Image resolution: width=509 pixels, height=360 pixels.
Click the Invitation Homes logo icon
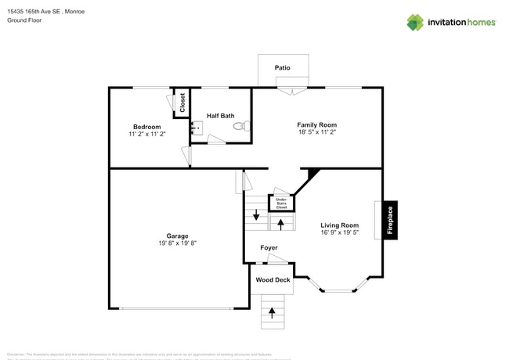click(414, 22)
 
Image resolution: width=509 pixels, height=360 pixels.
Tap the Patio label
click(283, 68)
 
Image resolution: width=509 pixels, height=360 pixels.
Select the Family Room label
click(316, 125)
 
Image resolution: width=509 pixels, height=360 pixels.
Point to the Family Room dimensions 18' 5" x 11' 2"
click(316, 134)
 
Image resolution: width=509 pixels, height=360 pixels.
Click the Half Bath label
click(220, 116)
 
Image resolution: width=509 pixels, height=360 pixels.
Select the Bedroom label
click(146, 127)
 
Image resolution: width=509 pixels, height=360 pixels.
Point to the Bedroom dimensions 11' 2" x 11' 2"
click(146, 135)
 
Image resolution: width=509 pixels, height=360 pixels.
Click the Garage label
click(177, 236)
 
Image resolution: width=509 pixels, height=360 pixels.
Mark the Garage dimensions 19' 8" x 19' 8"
click(177, 243)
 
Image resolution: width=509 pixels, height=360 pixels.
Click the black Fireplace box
click(391, 220)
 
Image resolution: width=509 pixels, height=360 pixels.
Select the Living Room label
click(339, 225)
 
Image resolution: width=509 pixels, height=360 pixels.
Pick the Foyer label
click(269, 248)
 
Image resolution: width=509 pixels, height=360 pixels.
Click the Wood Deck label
click(273, 279)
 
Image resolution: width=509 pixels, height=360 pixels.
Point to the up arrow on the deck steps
click(273, 311)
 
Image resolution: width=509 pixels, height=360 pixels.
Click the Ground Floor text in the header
click(23, 21)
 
